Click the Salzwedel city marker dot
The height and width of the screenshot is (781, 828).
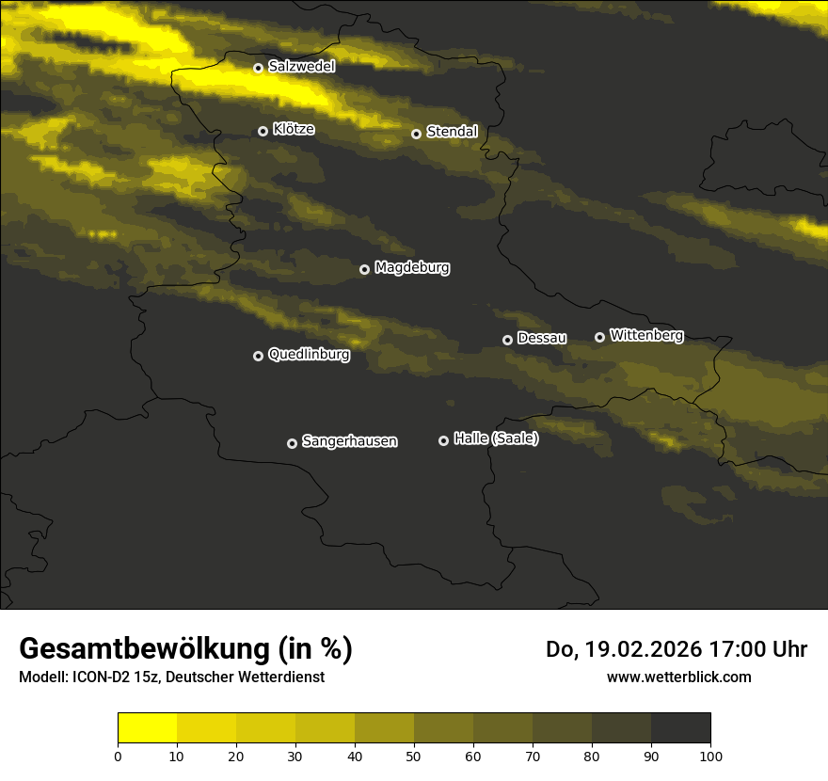tap(258, 68)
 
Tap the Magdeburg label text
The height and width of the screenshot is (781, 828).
tap(411, 268)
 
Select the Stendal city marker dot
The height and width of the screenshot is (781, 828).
tap(416, 134)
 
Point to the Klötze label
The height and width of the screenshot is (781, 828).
tap(294, 130)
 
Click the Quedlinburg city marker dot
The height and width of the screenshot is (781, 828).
tap(258, 356)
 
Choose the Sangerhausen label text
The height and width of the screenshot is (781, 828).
tap(349, 441)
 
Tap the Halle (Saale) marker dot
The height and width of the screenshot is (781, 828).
tap(443, 440)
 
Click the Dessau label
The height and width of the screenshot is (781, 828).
tap(542, 338)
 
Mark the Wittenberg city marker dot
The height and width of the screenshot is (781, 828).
tap(599, 337)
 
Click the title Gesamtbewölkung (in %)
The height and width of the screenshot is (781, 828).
tap(185, 649)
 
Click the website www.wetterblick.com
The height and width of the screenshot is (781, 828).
tap(678, 677)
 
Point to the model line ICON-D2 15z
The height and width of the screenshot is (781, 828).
tap(114, 677)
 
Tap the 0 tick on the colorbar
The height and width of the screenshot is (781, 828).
tap(118, 755)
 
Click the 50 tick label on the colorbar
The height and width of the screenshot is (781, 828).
tap(414, 755)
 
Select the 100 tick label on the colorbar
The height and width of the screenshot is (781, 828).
tap(710, 755)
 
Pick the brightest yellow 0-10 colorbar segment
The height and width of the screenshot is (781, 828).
tap(148, 728)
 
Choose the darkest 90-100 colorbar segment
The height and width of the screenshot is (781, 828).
tap(680, 728)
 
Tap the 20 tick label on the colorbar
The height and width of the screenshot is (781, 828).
tap(236, 755)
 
